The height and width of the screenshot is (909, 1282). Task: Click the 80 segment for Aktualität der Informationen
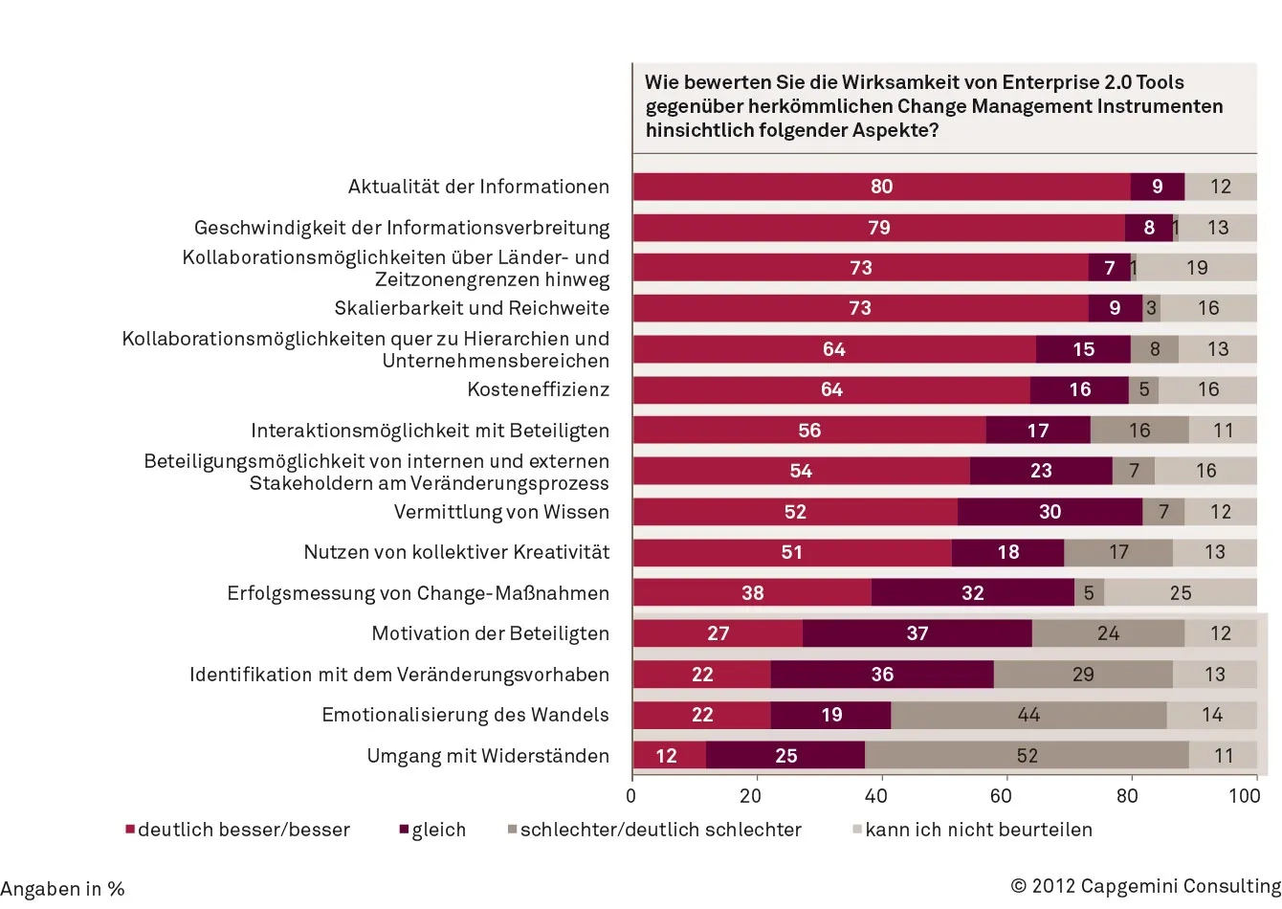(x=881, y=187)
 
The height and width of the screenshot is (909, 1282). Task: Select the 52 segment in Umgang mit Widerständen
(x=1027, y=756)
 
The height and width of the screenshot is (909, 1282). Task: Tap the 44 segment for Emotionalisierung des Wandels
(x=1028, y=715)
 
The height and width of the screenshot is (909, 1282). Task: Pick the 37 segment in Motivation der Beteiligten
(x=917, y=633)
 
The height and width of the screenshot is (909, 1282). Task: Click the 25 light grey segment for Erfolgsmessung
(x=1181, y=593)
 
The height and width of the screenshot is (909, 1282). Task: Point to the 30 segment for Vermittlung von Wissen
(x=1050, y=512)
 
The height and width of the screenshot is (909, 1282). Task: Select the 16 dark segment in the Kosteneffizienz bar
(x=1079, y=389)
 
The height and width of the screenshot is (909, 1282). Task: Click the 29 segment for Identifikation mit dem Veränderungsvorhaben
(x=1083, y=675)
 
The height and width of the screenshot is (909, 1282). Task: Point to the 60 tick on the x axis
(x=1001, y=796)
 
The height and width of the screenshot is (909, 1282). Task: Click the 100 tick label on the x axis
(x=1244, y=796)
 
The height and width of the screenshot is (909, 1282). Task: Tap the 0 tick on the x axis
(x=631, y=796)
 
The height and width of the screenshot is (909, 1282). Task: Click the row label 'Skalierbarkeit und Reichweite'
(x=472, y=308)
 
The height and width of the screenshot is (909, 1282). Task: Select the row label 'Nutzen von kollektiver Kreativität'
(x=456, y=552)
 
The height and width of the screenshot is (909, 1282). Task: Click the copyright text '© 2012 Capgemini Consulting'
(x=1145, y=886)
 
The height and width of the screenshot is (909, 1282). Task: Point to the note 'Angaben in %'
(x=63, y=889)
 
